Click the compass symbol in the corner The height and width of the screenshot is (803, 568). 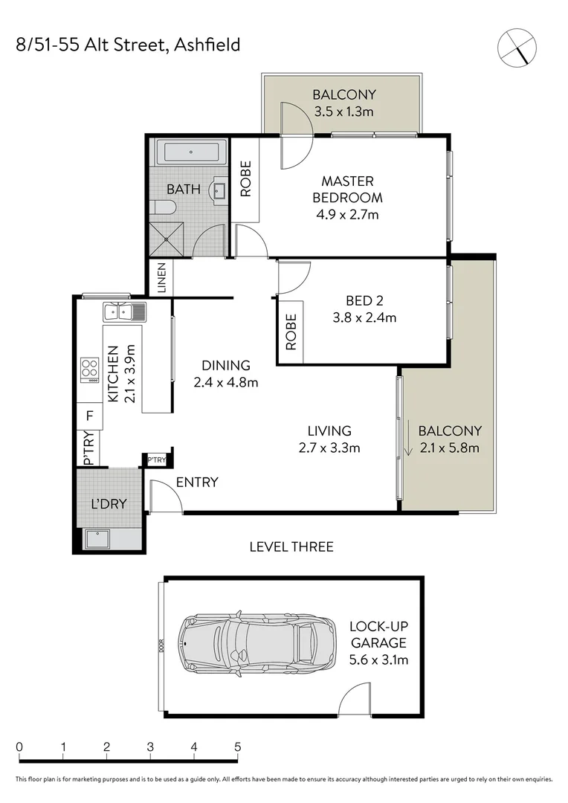pos(517,47)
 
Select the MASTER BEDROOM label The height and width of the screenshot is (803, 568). pos(347,189)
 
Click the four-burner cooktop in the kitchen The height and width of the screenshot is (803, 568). pos(90,368)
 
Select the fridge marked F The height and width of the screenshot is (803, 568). pos(89,416)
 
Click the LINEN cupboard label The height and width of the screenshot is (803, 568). pos(161,278)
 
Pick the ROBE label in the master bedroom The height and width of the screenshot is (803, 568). pos(245,178)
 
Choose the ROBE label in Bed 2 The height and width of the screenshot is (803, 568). pos(291,332)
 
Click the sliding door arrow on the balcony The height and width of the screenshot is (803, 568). pos(408,439)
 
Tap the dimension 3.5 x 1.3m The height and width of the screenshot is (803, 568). pos(343,112)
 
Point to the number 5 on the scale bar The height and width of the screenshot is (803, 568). pos(237,746)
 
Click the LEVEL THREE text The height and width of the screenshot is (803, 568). pos(291,546)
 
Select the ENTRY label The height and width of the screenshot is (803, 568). pos(197,483)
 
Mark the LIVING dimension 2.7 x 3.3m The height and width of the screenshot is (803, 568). pos(330,448)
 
